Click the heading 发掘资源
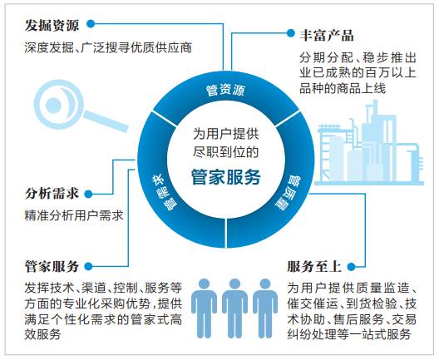click(52, 25)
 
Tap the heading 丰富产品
click(327, 35)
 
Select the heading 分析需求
click(52, 194)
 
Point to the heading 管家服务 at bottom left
click(52, 266)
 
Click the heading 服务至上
click(314, 266)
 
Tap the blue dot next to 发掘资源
click(91, 24)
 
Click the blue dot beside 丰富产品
click(291, 33)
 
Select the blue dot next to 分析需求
click(88, 194)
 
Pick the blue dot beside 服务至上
click(351, 267)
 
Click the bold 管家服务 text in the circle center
click(226, 177)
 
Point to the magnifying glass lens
click(59, 105)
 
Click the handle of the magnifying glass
click(106, 121)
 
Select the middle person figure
click(234, 308)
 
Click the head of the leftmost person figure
click(204, 284)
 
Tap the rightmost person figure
click(265, 308)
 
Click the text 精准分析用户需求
click(74, 215)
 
